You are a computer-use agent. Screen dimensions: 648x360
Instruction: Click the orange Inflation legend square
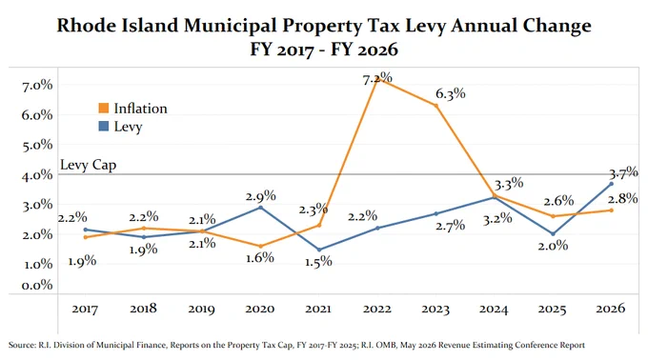click(x=103, y=109)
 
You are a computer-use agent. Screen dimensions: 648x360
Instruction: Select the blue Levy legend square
click(x=103, y=126)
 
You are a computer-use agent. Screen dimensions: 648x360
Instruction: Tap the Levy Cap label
click(x=88, y=165)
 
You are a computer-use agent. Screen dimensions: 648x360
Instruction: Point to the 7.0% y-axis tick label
click(x=37, y=85)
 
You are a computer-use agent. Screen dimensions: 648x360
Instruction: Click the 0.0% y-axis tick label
click(x=37, y=285)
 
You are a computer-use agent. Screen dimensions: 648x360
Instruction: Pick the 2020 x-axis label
click(x=260, y=309)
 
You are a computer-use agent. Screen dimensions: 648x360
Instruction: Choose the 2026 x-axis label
click(x=611, y=309)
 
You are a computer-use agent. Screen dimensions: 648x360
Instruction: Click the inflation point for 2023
click(x=436, y=106)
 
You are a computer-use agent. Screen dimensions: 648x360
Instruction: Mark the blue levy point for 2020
click(x=260, y=208)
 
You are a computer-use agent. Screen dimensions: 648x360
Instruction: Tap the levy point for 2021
click(x=319, y=250)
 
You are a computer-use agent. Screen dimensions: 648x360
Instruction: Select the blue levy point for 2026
click(x=611, y=184)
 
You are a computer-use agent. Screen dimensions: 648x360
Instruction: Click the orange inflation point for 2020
click(x=260, y=246)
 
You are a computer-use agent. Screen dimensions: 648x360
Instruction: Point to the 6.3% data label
click(x=451, y=94)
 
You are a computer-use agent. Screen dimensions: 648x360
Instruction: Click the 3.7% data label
click(x=623, y=171)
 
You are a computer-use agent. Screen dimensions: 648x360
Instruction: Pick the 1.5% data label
click(x=318, y=261)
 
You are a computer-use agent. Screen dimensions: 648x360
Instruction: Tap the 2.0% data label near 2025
click(x=553, y=246)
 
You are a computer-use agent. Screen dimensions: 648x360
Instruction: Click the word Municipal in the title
click(x=231, y=25)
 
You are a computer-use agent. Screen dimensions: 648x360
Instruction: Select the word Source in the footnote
click(x=21, y=345)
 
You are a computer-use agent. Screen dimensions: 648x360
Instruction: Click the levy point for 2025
click(x=553, y=233)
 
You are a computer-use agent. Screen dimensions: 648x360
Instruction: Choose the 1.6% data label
click(x=260, y=257)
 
